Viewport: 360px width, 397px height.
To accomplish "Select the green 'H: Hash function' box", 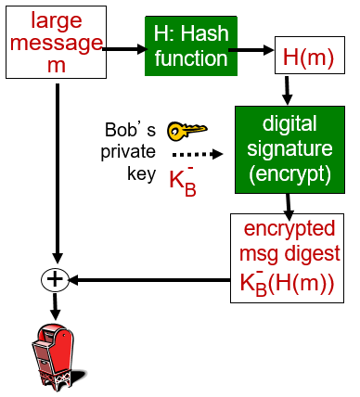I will coord(186,46).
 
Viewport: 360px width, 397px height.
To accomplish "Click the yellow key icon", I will coord(183,131).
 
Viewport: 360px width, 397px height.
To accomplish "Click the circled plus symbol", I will coord(57,279).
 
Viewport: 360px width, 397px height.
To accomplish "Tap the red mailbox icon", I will coord(55,352).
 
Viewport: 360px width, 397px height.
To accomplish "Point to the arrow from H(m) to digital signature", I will coord(288,89).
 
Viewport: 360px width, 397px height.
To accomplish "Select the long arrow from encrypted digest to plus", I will coord(148,279).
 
